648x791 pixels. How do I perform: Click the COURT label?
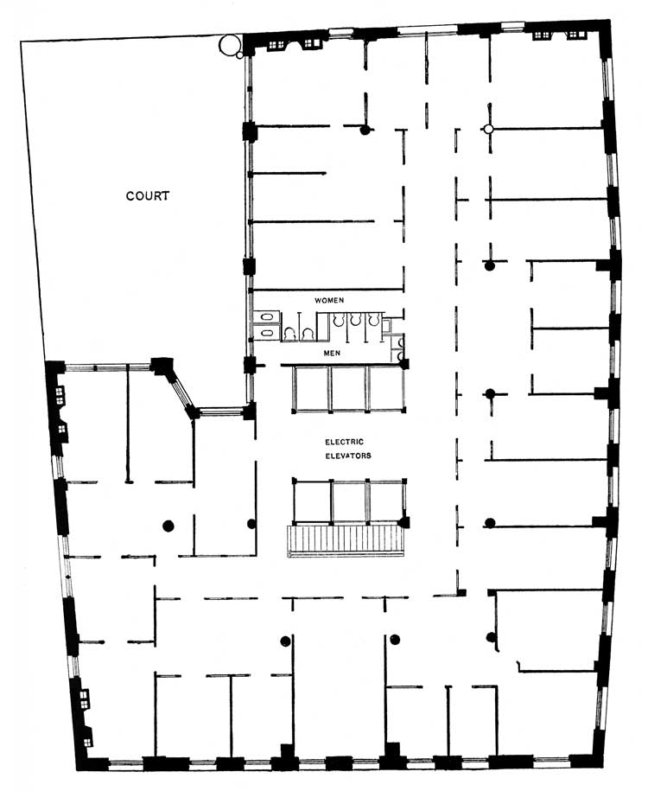[x=147, y=195]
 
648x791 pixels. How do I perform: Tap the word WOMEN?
[x=329, y=300]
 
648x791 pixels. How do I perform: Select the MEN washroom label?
[x=332, y=353]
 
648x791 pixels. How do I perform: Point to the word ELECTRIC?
[x=344, y=442]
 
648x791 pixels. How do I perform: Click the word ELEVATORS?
[x=348, y=456]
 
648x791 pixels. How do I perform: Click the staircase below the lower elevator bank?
[x=346, y=541]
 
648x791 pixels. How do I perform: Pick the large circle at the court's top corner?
[x=229, y=44]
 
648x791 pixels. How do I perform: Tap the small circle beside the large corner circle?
[x=239, y=55]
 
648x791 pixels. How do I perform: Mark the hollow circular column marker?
[x=487, y=129]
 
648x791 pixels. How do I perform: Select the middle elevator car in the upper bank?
[x=349, y=388]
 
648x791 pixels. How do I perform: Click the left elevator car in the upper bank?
[x=312, y=388]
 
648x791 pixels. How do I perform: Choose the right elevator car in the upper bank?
[x=386, y=388]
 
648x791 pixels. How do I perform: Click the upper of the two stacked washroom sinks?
[x=267, y=316]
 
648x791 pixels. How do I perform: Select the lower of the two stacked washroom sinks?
[x=267, y=333]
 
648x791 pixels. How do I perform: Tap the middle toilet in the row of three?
[x=356, y=319]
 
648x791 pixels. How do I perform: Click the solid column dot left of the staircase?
[x=251, y=524]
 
